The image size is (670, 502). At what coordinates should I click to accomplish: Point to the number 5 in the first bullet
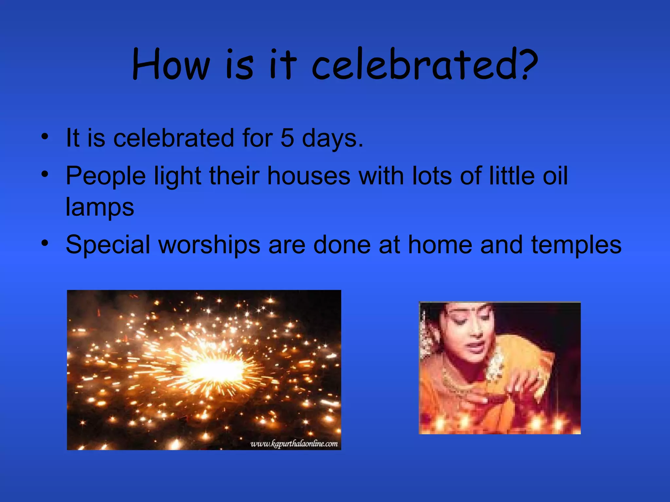click(287, 138)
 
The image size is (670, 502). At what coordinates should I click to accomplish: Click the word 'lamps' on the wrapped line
click(100, 207)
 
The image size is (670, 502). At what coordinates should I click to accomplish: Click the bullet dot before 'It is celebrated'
click(45, 136)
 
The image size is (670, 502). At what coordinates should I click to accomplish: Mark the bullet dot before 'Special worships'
click(45, 243)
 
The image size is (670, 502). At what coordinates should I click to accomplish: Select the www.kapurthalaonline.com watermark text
click(294, 444)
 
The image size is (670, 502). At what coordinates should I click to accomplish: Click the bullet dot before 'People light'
click(45, 174)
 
